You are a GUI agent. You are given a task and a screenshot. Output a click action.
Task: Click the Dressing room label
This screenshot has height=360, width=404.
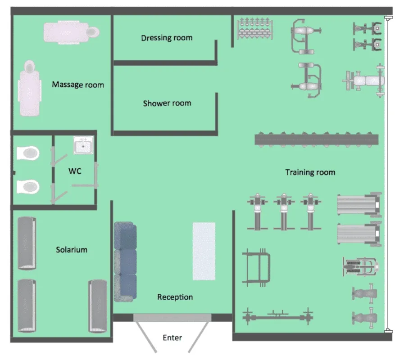(167, 38)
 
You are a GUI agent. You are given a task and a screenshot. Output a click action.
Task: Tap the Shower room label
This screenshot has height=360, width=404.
(167, 103)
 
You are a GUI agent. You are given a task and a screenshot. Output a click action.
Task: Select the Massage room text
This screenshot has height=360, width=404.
(78, 85)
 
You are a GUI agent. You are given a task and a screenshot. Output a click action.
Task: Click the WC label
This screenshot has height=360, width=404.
(75, 171)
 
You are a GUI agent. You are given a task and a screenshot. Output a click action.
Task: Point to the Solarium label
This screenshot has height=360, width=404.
(72, 250)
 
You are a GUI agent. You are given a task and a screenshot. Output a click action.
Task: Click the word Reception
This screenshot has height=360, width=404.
(175, 297)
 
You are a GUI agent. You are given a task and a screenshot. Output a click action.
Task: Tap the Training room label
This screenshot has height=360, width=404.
(310, 172)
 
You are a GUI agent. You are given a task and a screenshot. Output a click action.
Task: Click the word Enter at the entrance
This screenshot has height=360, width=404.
(172, 337)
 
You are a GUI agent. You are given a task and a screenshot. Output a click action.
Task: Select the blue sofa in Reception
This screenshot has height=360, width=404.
(125, 261)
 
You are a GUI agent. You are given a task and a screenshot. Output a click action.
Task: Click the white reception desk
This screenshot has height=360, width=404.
(204, 251)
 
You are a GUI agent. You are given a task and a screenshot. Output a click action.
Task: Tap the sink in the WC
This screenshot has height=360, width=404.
(83, 145)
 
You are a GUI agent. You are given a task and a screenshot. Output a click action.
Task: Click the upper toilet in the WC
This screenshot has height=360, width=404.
(28, 153)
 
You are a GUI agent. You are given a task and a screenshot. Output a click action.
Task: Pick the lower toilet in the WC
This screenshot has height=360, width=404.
(28, 187)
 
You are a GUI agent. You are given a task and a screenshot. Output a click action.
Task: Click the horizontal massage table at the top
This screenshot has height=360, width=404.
(72, 32)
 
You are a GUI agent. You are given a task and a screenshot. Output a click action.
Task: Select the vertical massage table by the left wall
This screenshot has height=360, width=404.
(30, 88)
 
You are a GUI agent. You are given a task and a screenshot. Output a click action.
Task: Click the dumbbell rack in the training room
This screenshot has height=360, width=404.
(254, 29)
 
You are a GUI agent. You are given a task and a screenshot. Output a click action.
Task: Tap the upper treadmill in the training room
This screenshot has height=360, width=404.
(359, 205)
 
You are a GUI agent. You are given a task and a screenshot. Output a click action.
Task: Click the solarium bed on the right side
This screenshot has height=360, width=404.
(98, 306)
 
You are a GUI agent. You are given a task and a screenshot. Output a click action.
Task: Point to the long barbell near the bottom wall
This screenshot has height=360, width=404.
(278, 316)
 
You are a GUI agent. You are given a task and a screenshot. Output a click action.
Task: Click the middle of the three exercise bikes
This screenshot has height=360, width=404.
(284, 211)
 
